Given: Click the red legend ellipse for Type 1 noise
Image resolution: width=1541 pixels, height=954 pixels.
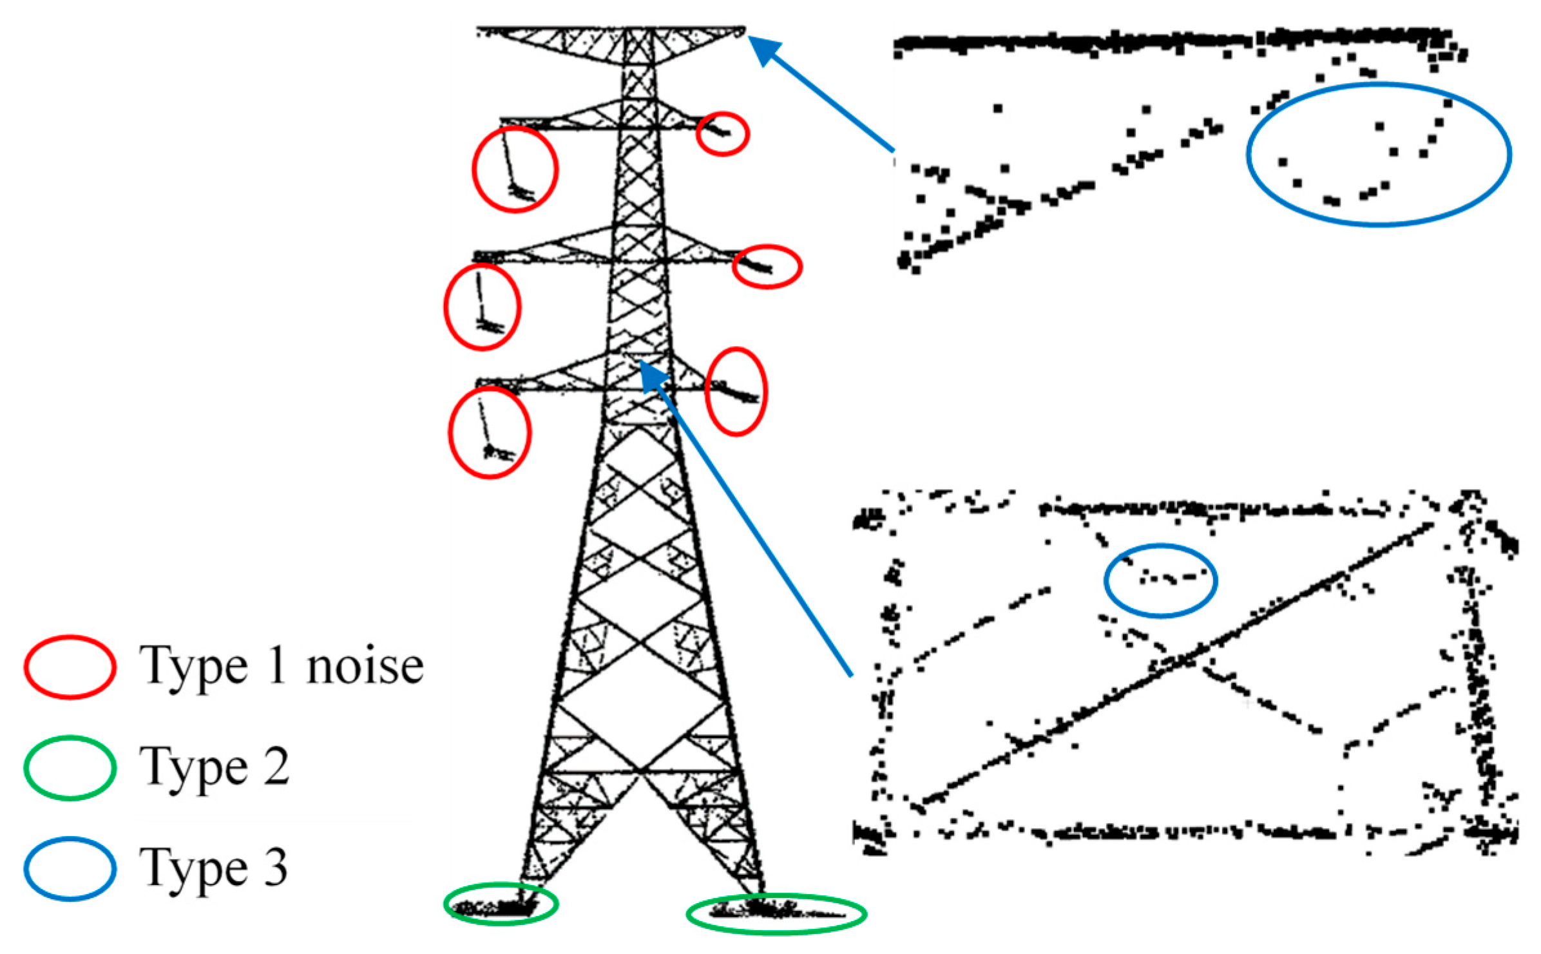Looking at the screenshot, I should click(x=70, y=667).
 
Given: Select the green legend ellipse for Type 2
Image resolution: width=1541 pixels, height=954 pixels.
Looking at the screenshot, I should click(x=70, y=768).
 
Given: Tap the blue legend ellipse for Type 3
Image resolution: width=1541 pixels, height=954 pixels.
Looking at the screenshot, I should click(x=70, y=868).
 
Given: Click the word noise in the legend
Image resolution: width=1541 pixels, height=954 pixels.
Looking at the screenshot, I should click(x=365, y=667).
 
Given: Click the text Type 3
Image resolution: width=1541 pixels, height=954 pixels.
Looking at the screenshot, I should click(x=213, y=868).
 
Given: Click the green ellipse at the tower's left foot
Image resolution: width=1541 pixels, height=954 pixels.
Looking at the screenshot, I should click(x=501, y=904).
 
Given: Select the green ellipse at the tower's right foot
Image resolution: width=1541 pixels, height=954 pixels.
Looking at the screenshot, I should click(x=776, y=913).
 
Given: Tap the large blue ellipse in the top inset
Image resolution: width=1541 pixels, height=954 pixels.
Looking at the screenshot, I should click(x=1379, y=155).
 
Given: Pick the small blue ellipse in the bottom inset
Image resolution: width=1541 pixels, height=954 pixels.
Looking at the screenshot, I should click(x=1160, y=580).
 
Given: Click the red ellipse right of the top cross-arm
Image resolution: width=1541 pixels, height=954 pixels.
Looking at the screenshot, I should click(x=722, y=133).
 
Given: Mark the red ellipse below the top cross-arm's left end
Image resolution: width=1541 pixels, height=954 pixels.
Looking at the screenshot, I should click(x=515, y=169).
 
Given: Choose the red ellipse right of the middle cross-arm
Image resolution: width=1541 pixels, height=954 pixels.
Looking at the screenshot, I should click(x=767, y=266).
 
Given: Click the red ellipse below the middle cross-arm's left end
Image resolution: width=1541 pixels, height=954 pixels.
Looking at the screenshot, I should click(x=482, y=307).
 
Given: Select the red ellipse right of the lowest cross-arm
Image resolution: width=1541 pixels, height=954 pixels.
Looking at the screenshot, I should click(x=736, y=392).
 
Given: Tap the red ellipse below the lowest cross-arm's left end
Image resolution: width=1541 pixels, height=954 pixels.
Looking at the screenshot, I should click(x=490, y=432).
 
